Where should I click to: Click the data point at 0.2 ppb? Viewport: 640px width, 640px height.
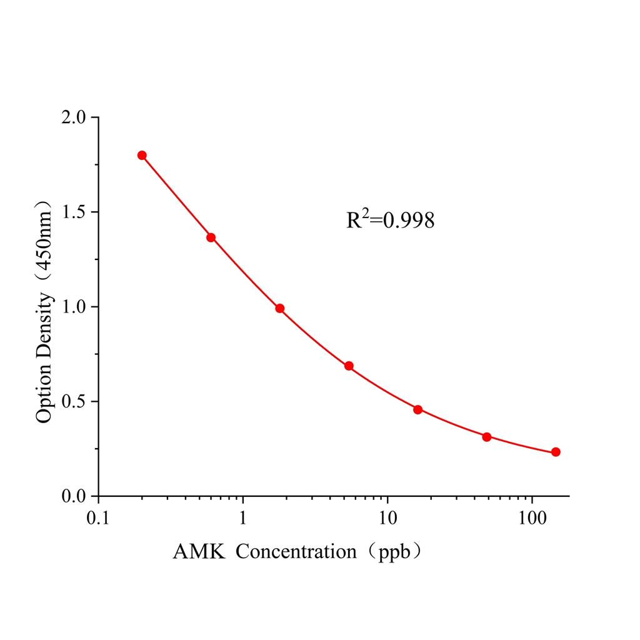tap(142, 155)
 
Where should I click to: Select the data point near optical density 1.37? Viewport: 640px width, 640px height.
tap(211, 237)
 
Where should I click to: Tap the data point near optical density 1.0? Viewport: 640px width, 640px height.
tap(280, 308)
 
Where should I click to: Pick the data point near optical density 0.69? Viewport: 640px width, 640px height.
tap(349, 366)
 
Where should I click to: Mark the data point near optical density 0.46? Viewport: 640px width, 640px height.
tap(418, 409)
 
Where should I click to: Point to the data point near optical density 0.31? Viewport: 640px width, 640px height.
tap(487, 437)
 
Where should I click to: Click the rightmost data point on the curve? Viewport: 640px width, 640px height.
tap(556, 452)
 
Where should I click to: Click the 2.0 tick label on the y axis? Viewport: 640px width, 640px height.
tap(76, 118)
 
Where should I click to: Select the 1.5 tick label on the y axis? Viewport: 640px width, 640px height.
tap(76, 212)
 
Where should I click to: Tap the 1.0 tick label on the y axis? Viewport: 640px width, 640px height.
tap(76, 307)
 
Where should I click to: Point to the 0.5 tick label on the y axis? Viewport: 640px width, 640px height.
tap(76, 402)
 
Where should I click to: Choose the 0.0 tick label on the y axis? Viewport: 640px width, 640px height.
tap(76, 496)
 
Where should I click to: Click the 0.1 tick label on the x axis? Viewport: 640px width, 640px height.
tap(98, 518)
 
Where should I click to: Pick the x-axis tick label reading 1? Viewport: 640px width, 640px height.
tap(243, 518)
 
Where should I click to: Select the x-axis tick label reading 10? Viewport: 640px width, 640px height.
tap(387, 518)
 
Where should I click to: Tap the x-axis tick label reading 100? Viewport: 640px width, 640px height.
tap(532, 518)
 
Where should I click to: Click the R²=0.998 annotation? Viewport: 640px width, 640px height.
tap(390, 220)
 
